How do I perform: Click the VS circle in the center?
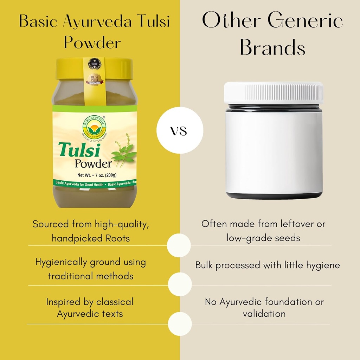tap(180, 131)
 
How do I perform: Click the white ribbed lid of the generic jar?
tap(274, 93)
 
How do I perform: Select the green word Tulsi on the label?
tap(80, 150)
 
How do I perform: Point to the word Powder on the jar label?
tap(93, 163)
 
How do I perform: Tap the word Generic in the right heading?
tap(306, 21)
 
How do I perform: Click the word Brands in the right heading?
tap(272, 49)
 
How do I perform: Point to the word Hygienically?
tap(61, 262)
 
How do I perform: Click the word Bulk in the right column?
tap(204, 265)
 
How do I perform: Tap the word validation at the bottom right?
tap(264, 314)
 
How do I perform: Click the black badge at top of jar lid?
tap(94, 63)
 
